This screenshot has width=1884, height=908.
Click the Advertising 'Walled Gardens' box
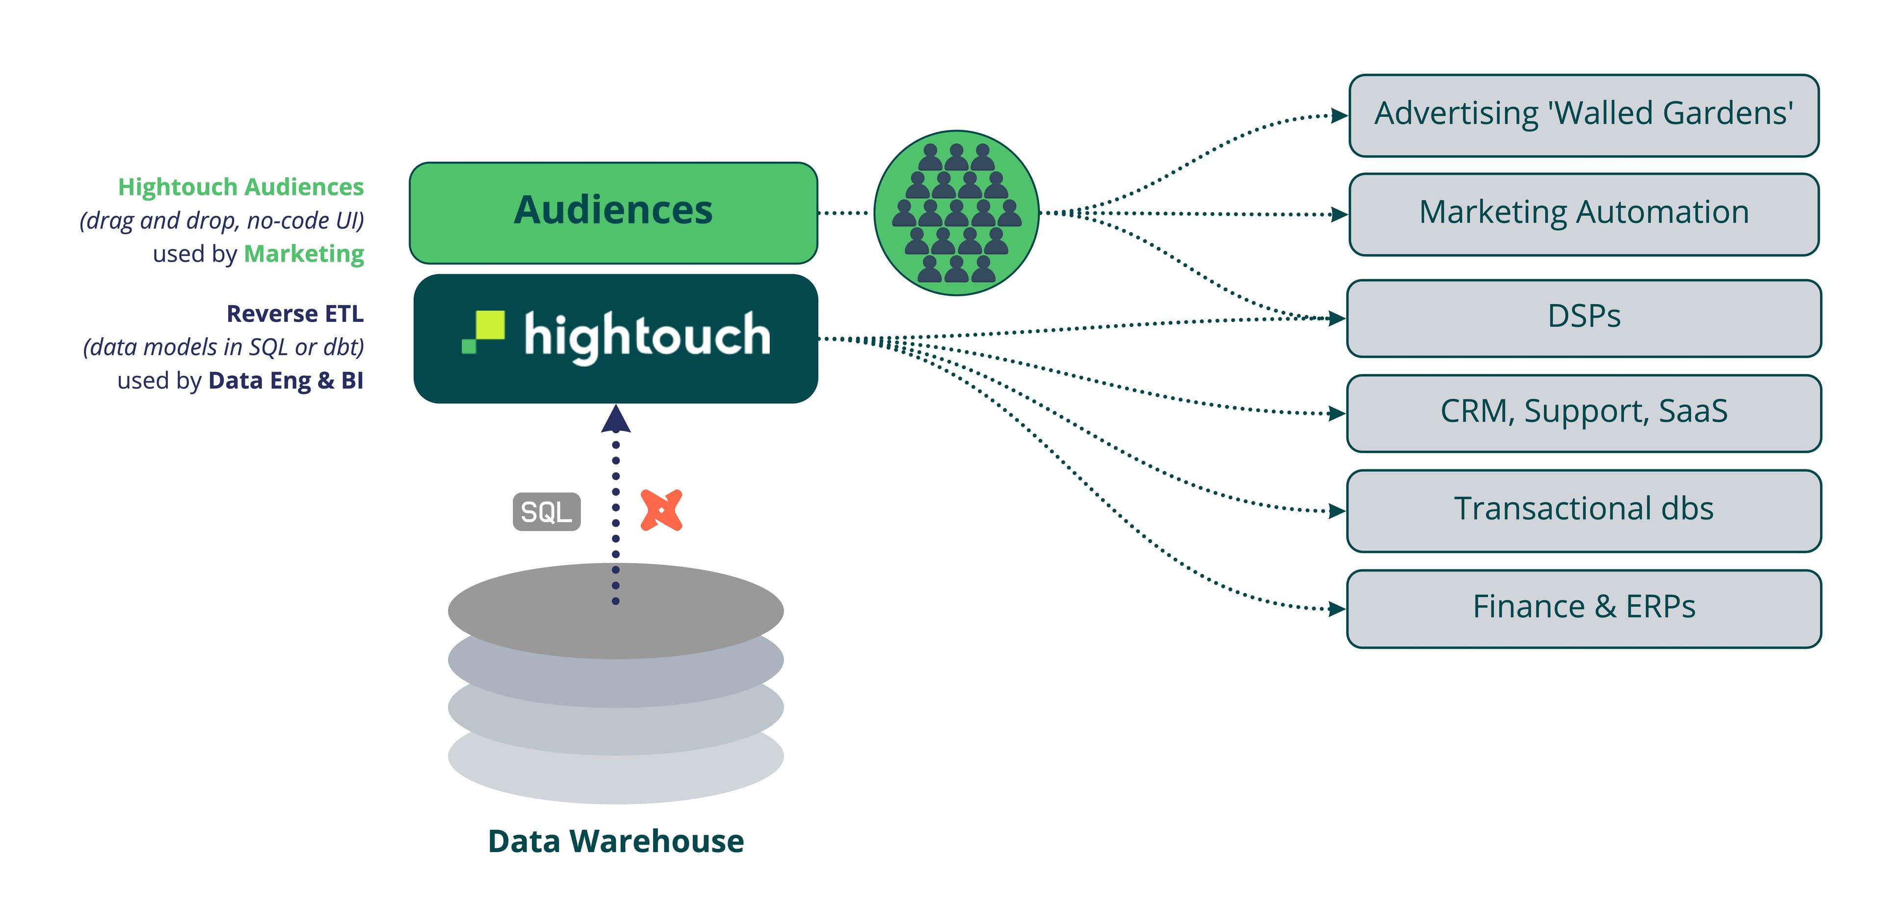click(x=1583, y=115)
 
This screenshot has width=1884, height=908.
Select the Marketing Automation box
click(x=1583, y=214)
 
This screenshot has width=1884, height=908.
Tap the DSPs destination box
click(x=1583, y=318)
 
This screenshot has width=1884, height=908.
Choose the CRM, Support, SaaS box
click(x=1583, y=413)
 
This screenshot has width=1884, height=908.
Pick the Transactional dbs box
click(x=1583, y=510)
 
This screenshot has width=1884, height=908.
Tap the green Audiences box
click(x=613, y=212)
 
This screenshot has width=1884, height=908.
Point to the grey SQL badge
click(x=547, y=511)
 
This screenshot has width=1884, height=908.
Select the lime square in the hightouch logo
click(x=489, y=325)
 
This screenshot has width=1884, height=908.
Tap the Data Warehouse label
click(x=615, y=841)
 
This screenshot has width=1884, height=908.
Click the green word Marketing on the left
click(x=304, y=254)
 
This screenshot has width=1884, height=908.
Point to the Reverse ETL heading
click(x=295, y=314)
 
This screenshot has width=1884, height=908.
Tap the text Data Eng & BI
click(x=285, y=380)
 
